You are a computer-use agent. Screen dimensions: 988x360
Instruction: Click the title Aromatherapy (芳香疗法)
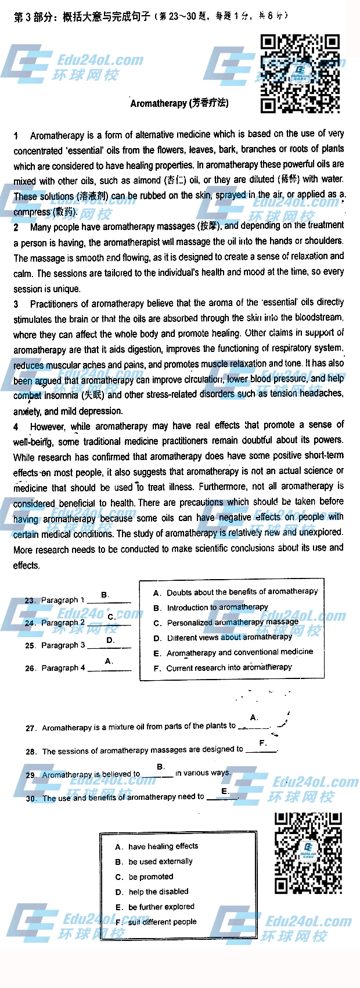179,103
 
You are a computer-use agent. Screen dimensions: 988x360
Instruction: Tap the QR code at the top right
300,73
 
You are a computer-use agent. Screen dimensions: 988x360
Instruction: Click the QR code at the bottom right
308,853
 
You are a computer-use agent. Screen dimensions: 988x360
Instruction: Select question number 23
30,600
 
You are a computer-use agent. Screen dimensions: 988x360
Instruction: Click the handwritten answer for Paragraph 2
111,617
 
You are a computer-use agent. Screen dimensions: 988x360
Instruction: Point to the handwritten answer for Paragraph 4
109,661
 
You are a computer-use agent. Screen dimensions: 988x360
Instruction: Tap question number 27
31,728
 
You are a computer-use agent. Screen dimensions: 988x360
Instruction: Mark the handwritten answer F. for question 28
263,743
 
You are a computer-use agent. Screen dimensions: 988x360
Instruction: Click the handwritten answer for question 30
225,791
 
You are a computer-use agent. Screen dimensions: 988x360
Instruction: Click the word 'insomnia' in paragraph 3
63,396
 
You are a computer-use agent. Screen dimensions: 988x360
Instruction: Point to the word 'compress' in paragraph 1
32,212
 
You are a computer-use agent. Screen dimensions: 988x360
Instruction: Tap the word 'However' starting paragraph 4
48,426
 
